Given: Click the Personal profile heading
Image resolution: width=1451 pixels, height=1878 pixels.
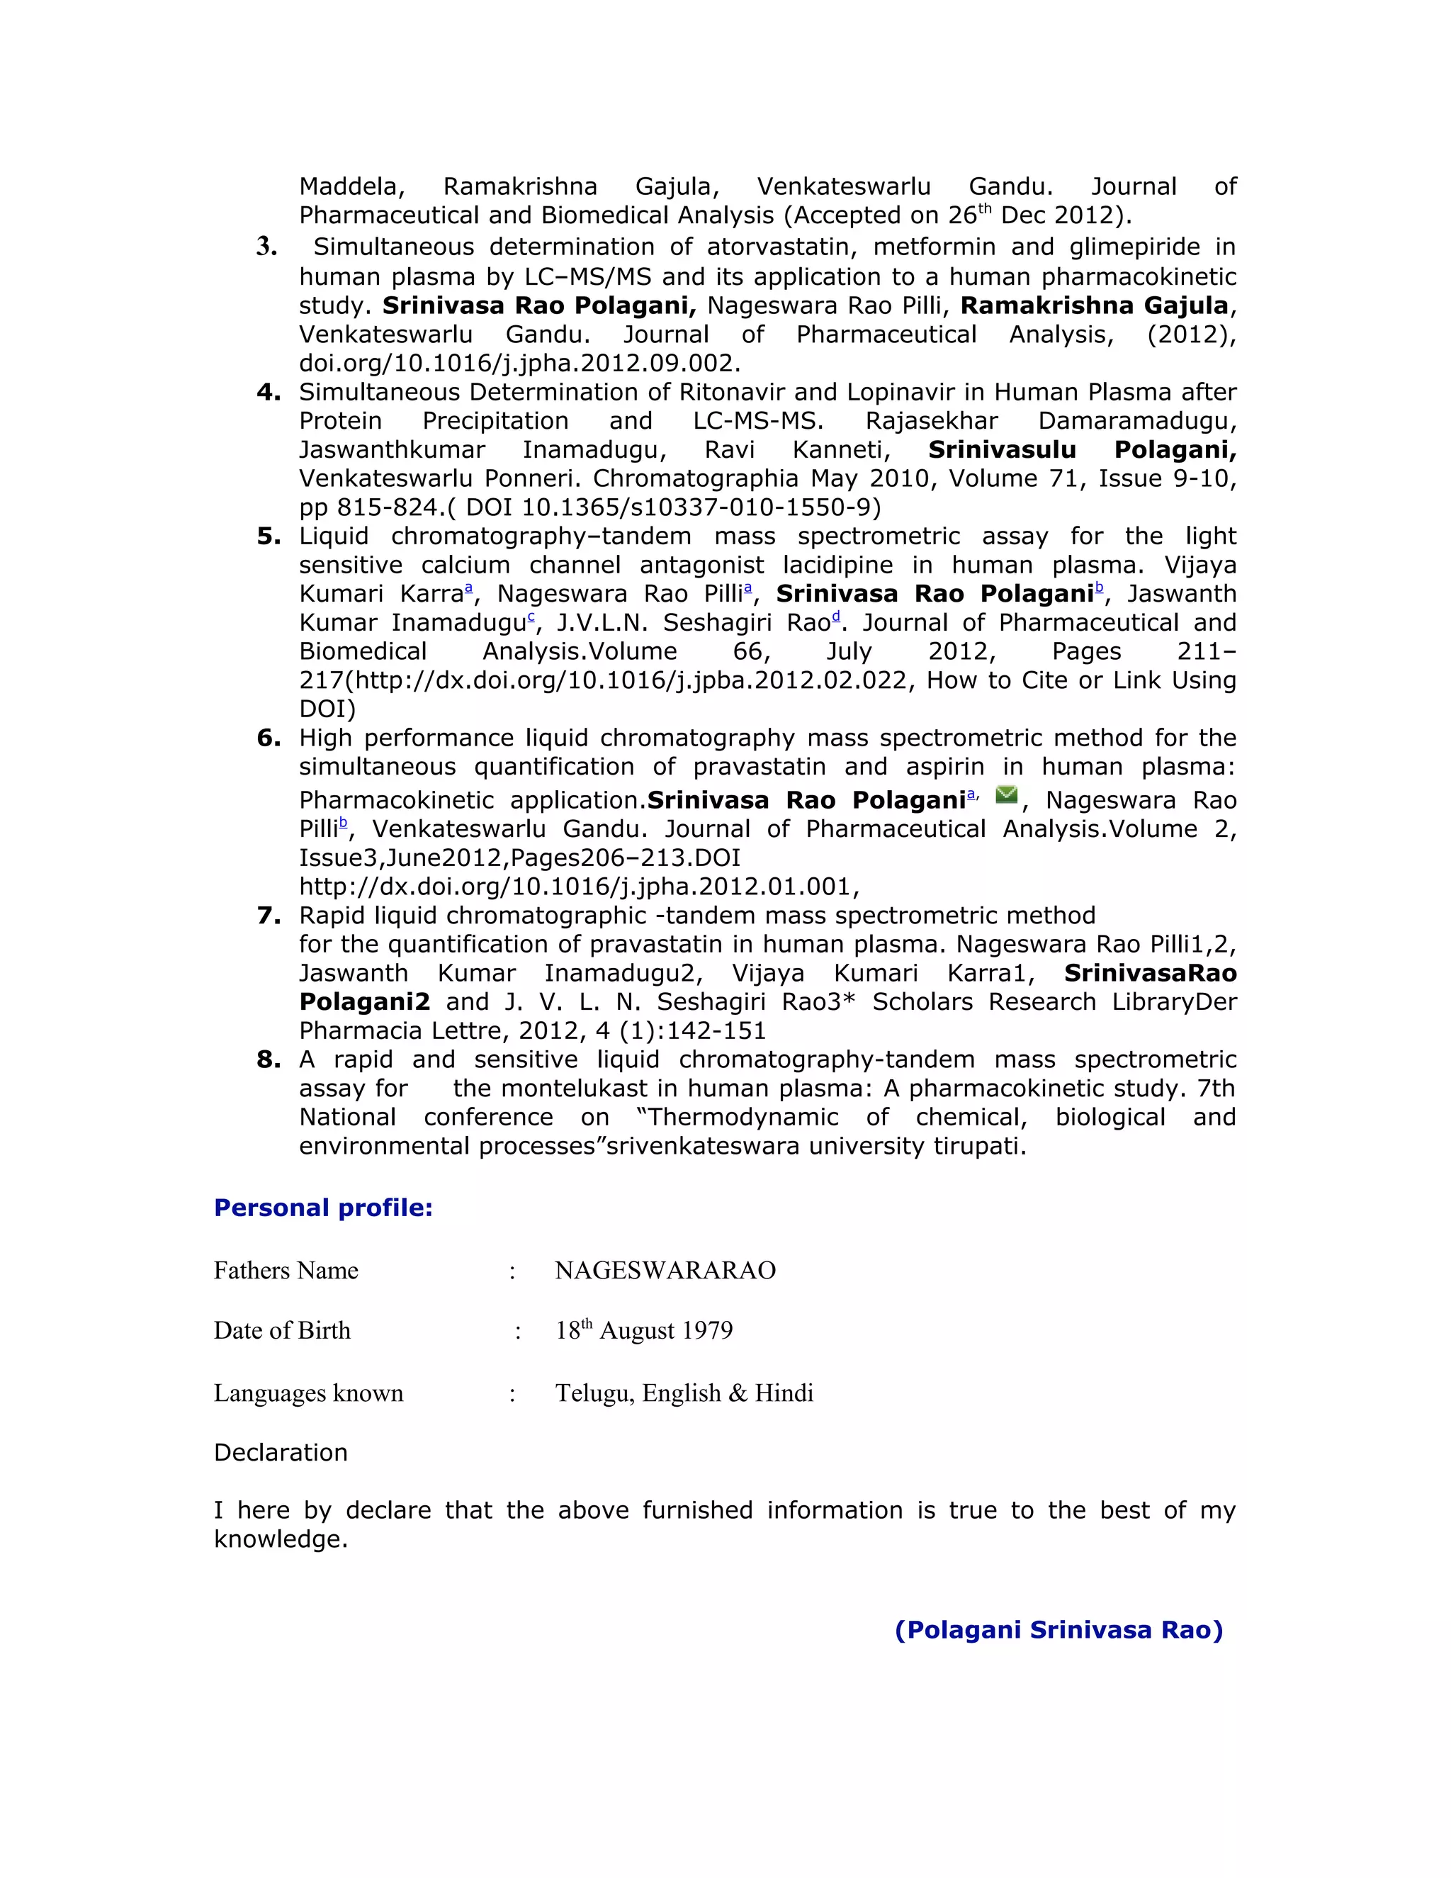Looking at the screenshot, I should pyautogui.click(x=322, y=1208).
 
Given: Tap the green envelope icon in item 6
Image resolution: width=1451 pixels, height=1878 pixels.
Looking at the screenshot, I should pyautogui.click(x=1006, y=794).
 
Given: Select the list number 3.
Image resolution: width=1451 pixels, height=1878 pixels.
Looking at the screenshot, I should pyautogui.click(x=266, y=247).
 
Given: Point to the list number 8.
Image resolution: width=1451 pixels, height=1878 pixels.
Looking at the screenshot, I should pyautogui.click(x=269, y=1059).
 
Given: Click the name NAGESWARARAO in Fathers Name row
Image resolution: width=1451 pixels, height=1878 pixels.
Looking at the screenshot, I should pyautogui.click(x=665, y=1271).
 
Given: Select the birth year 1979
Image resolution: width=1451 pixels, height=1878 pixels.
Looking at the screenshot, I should pyautogui.click(x=706, y=1331).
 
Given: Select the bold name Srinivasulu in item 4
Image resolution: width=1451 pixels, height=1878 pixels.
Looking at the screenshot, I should pyautogui.click(x=1001, y=450).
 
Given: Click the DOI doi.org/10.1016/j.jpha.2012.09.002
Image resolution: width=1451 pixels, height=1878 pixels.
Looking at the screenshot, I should pyautogui.click(x=519, y=363).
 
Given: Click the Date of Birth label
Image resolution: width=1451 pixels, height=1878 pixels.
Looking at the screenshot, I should pyautogui.click(x=282, y=1331).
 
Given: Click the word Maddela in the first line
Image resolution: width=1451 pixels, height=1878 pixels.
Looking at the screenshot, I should pyautogui.click(x=351, y=186).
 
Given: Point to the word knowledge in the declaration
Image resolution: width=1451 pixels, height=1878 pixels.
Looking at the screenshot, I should pyautogui.click(x=281, y=1539).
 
